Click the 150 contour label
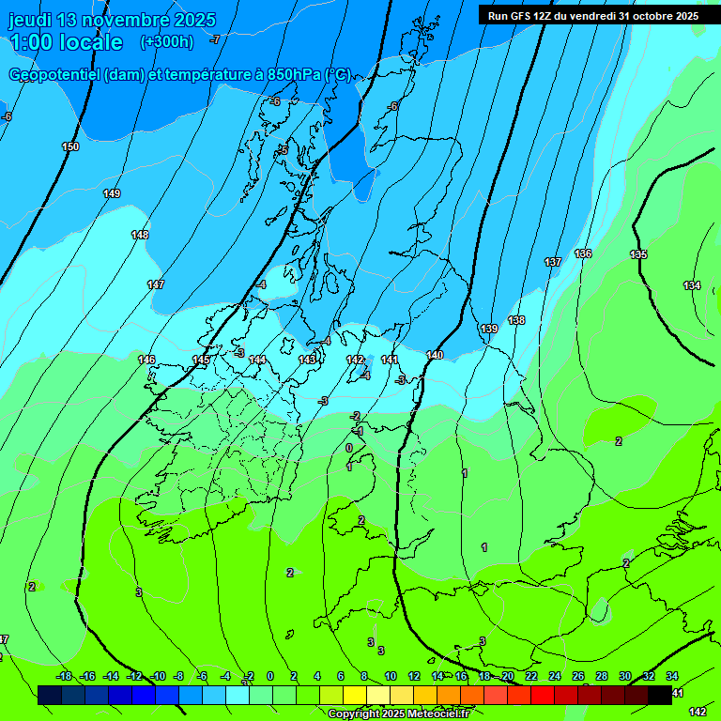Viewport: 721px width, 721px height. coord(70,146)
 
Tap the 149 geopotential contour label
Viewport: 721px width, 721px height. coord(112,193)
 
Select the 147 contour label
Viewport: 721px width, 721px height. coord(156,284)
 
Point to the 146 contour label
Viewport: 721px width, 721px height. coord(146,360)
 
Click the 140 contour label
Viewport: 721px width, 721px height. coord(434,355)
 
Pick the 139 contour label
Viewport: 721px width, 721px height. coord(489,329)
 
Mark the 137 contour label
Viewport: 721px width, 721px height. coord(553,262)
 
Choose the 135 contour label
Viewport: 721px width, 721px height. coord(638,255)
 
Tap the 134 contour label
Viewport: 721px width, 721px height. coord(692,285)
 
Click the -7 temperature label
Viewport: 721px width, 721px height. coord(215,39)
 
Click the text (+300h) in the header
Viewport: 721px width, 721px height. coord(166,42)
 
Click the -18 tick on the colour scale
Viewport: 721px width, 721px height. coord(64,676)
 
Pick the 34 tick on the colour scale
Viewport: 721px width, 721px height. coord(672,676)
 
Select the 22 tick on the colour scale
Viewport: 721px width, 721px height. coord(531,676)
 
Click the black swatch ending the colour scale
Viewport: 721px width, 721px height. coord(660,695)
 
